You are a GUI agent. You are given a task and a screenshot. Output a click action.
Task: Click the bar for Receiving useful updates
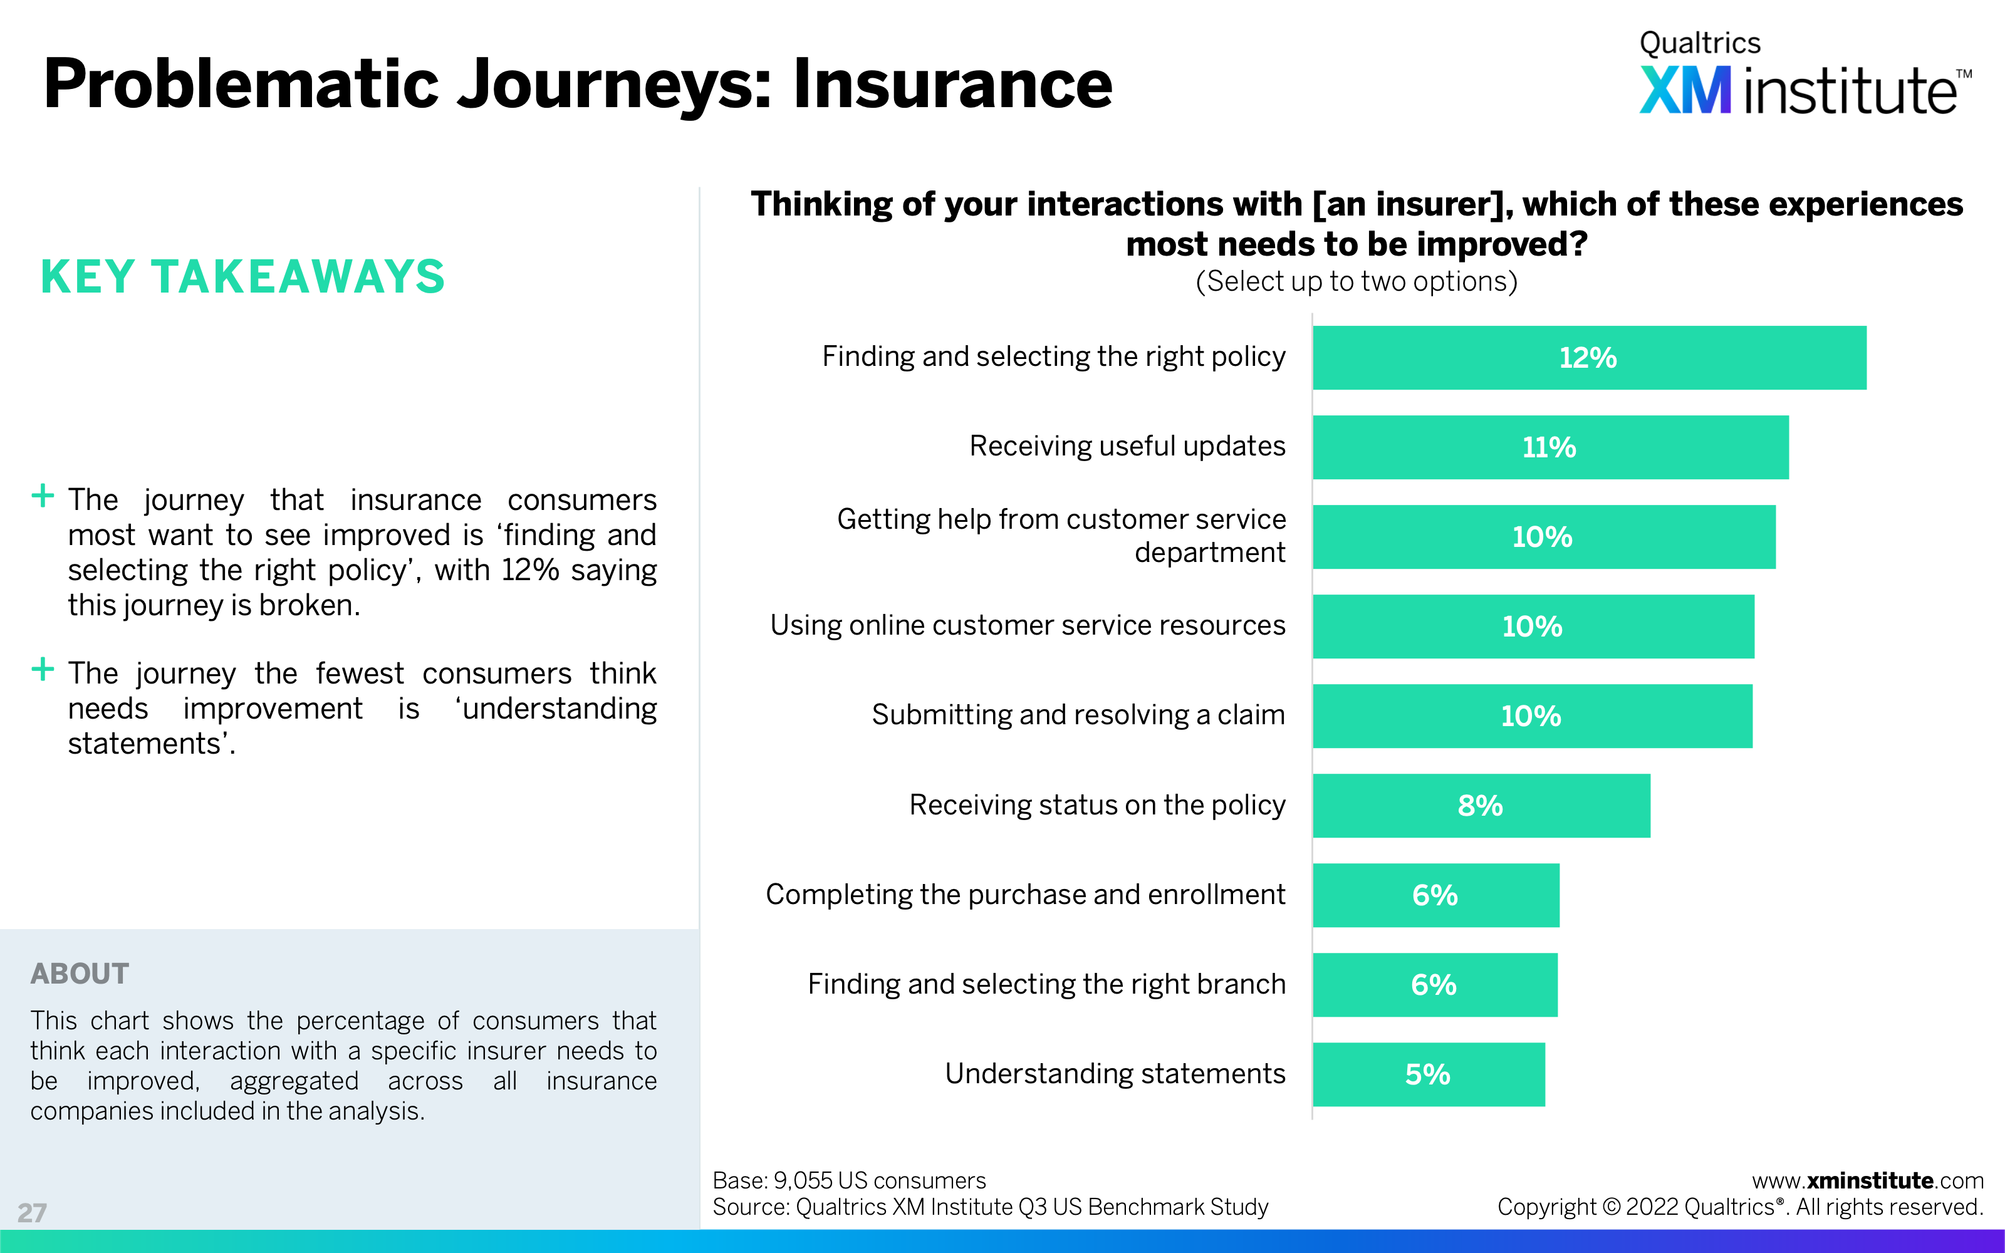point(1550,447)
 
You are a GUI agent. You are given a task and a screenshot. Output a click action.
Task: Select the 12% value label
point(1588,358)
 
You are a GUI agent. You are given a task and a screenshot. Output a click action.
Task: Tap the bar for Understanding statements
point(1429,1074)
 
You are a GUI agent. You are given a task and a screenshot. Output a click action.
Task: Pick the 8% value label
point(1481,806)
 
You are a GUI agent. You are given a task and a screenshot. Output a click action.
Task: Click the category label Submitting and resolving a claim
point(1078,714)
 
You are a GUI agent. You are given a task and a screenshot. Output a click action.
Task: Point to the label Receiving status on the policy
point(1097,804)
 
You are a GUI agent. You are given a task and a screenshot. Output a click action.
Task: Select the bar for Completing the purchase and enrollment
point(1436,895)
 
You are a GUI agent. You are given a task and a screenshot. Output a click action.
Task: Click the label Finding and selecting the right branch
point(1046,984)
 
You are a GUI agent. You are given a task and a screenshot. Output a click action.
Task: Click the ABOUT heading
point(80,974)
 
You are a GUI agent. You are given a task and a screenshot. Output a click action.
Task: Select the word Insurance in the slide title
point(953,85)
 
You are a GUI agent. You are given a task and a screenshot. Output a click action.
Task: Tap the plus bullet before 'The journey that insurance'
point(42,496)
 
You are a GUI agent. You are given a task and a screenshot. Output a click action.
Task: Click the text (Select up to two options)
point(1357,282)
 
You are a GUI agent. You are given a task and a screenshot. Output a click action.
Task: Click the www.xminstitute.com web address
point(1867,1180)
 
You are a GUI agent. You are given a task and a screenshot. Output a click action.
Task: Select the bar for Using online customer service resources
point(1534,626)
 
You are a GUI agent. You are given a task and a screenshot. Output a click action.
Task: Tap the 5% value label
point(1427,1075)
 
